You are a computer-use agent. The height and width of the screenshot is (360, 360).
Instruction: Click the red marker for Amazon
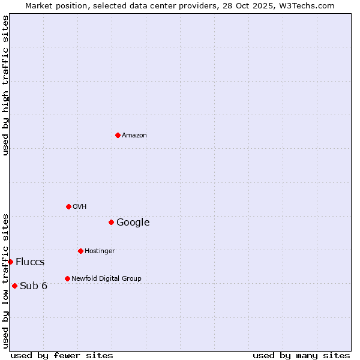(x=118, y=135)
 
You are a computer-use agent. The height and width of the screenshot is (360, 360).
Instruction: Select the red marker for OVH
(x=68, y=206)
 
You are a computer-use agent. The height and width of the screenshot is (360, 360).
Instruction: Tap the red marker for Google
(x=111, y=222)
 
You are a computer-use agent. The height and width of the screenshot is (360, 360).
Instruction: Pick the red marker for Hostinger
(x=80, y=251)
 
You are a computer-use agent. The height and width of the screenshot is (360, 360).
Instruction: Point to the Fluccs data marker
(x=10, y=262)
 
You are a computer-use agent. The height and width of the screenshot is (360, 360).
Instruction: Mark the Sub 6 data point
(x=14, y=286)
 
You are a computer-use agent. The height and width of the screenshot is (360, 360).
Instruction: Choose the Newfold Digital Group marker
(x=67, y=278)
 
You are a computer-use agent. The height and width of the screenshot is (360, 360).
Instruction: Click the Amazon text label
(x=134, y=136)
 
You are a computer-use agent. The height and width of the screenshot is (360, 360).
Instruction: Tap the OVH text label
(x=80, y=207)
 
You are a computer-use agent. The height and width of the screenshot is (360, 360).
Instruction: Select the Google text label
(x=133, y=223)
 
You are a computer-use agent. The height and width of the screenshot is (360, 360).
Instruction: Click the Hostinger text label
(x=100, y=251)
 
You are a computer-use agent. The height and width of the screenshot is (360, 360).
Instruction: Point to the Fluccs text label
(x=30, y=262)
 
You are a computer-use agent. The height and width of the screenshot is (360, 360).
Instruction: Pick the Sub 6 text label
(x=34, y=286)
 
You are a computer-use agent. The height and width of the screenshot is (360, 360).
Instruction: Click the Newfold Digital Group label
(x=106, y=279)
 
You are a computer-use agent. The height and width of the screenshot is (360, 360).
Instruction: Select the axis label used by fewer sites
(x=62, y=355)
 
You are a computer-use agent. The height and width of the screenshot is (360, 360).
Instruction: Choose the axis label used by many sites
(x=301, y=355)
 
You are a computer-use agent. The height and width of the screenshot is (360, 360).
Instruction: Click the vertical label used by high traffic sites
(x=5, y=85)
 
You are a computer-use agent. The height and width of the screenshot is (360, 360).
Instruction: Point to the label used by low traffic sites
(x=5, y=281)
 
